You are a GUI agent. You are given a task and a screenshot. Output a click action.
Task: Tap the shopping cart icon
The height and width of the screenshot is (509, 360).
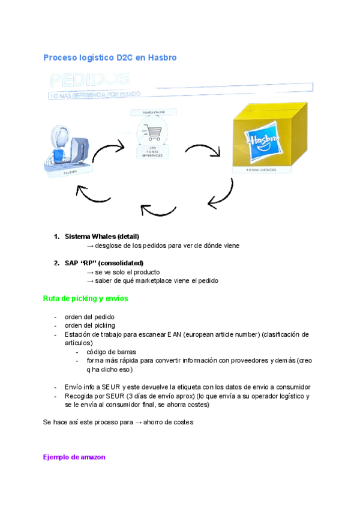point(148,131)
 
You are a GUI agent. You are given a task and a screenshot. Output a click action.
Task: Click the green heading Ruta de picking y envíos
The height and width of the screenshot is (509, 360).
point(85,298)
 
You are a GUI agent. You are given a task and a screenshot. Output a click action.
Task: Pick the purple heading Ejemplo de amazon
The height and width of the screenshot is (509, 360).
point(74,457)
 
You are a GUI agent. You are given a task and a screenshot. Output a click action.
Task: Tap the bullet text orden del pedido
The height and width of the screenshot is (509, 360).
point(89,317)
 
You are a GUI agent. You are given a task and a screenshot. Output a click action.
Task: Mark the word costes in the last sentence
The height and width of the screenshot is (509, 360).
point(182,423)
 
